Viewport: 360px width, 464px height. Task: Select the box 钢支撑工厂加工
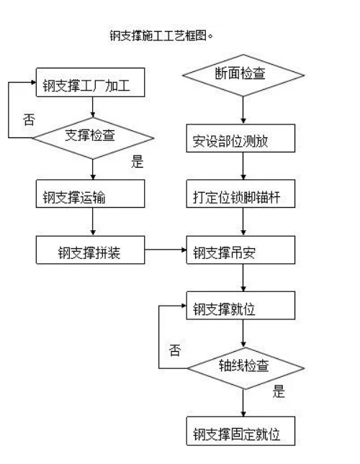(90, 82)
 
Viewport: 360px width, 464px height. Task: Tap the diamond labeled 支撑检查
(93, 138)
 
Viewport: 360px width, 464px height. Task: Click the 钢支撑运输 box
(90, 194)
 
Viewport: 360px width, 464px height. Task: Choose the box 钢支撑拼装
(90, 250)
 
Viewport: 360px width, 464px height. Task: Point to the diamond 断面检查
(243, 75)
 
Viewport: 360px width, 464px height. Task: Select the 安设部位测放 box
(240, 138)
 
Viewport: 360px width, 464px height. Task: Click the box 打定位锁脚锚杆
(240, 194)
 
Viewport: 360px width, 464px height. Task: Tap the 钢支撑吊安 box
(240, 250)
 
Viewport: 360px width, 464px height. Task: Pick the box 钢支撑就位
(240, 306)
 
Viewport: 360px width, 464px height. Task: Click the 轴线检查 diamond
(246, 368)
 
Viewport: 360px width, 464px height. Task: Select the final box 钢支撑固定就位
(240, 431)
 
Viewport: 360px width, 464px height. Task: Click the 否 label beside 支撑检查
(29, 120)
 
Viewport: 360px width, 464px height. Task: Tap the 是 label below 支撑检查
(138, 162)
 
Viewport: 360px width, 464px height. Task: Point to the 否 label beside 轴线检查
(175, 350)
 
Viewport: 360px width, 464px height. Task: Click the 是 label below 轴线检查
(279, 391)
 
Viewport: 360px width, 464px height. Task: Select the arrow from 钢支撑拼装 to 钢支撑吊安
(166, 250)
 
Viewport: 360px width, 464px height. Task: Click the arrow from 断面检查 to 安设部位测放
(243, 110)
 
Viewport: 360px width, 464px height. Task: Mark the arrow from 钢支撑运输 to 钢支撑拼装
(93, 222)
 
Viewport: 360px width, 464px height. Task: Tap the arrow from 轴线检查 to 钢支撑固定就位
(243, 403)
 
